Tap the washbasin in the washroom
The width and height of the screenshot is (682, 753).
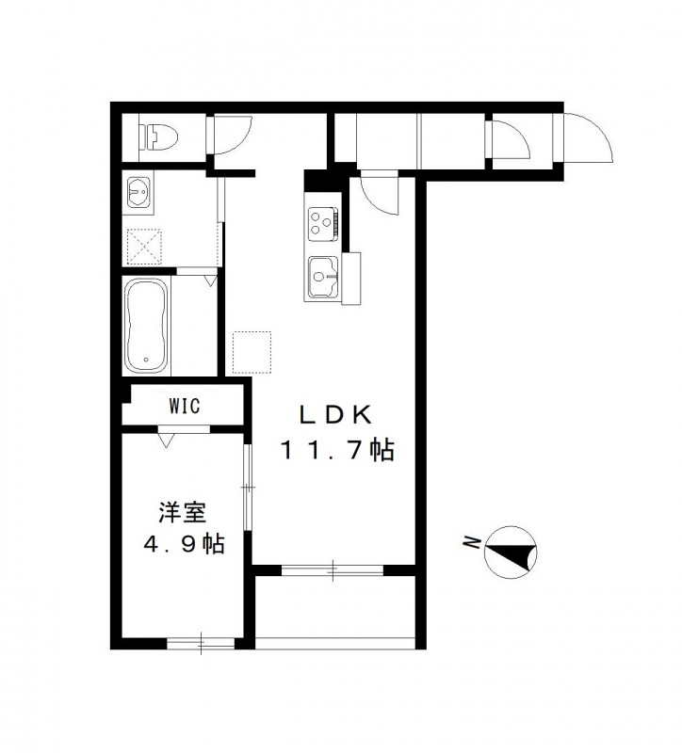(140, 193)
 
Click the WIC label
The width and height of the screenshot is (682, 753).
(185, 407)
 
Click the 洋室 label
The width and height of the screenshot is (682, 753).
(183, 514)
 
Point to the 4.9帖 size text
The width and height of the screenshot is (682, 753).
(183, 544)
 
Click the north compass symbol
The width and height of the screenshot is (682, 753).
(510, 550)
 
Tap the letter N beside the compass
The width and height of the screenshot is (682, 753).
(469, 541)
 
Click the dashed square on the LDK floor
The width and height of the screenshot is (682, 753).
(252, 350)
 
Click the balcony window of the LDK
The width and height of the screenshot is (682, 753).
(333, 569)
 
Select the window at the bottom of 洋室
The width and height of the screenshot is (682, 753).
(201, 644)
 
